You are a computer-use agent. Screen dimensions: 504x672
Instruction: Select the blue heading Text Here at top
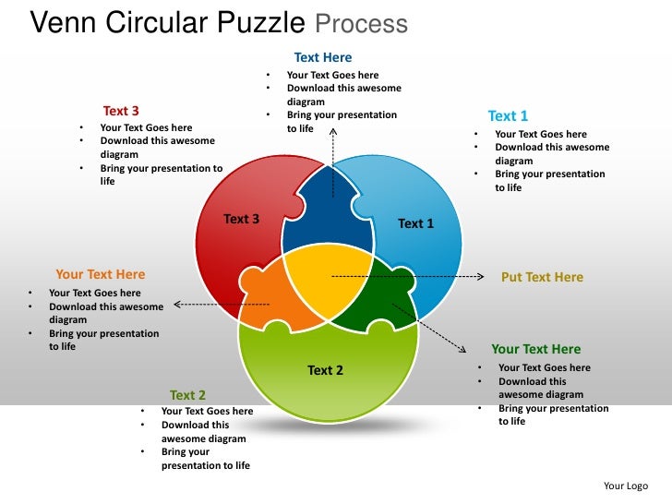tap(323, 57)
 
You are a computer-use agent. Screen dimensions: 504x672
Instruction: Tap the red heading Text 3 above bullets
tap(121, 112)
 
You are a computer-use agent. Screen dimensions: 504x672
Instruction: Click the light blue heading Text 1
tap(508, 115)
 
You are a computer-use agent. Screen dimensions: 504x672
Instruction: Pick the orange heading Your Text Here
tap(100, 274)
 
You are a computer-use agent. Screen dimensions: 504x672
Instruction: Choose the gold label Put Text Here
tap(542, 277)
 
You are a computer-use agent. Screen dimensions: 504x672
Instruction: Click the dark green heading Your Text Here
tap(535, 349)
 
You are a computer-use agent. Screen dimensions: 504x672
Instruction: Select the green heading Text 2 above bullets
tap(187, 395)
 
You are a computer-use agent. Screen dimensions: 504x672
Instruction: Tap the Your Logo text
tap(626, 486)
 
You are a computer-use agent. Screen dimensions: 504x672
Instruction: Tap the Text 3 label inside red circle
tap(241, 219)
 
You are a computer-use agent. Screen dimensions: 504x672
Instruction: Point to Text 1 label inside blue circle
tap(415, 223)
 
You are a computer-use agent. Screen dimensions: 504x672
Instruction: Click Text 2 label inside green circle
tap(325, 370)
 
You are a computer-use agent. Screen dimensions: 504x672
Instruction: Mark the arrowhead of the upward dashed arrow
tap(333, 132)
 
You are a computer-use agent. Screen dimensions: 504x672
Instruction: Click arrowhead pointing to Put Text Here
tap(481, 276)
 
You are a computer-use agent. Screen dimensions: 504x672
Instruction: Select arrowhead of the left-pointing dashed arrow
tap(176, 304)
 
